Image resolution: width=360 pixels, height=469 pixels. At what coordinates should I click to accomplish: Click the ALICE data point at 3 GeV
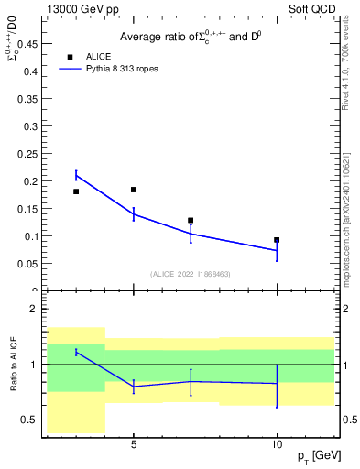76,191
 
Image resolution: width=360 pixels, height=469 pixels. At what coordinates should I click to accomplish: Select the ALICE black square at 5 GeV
134,190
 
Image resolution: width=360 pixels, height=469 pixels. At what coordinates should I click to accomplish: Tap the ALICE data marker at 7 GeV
191,221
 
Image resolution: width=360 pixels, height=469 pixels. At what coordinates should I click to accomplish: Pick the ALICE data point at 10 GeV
277,240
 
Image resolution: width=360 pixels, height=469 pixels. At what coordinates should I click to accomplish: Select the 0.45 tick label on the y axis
26,43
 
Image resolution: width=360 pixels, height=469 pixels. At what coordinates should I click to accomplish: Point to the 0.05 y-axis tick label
26,263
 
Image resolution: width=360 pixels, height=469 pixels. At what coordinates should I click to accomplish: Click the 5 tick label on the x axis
134,444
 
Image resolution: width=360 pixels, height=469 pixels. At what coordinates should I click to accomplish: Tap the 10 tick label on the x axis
277,444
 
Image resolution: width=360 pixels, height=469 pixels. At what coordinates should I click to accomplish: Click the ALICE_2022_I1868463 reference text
189,274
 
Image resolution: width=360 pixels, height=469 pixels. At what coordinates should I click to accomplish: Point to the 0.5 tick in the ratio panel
27,420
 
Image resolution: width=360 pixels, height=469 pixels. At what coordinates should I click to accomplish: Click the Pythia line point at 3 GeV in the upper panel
76,175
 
